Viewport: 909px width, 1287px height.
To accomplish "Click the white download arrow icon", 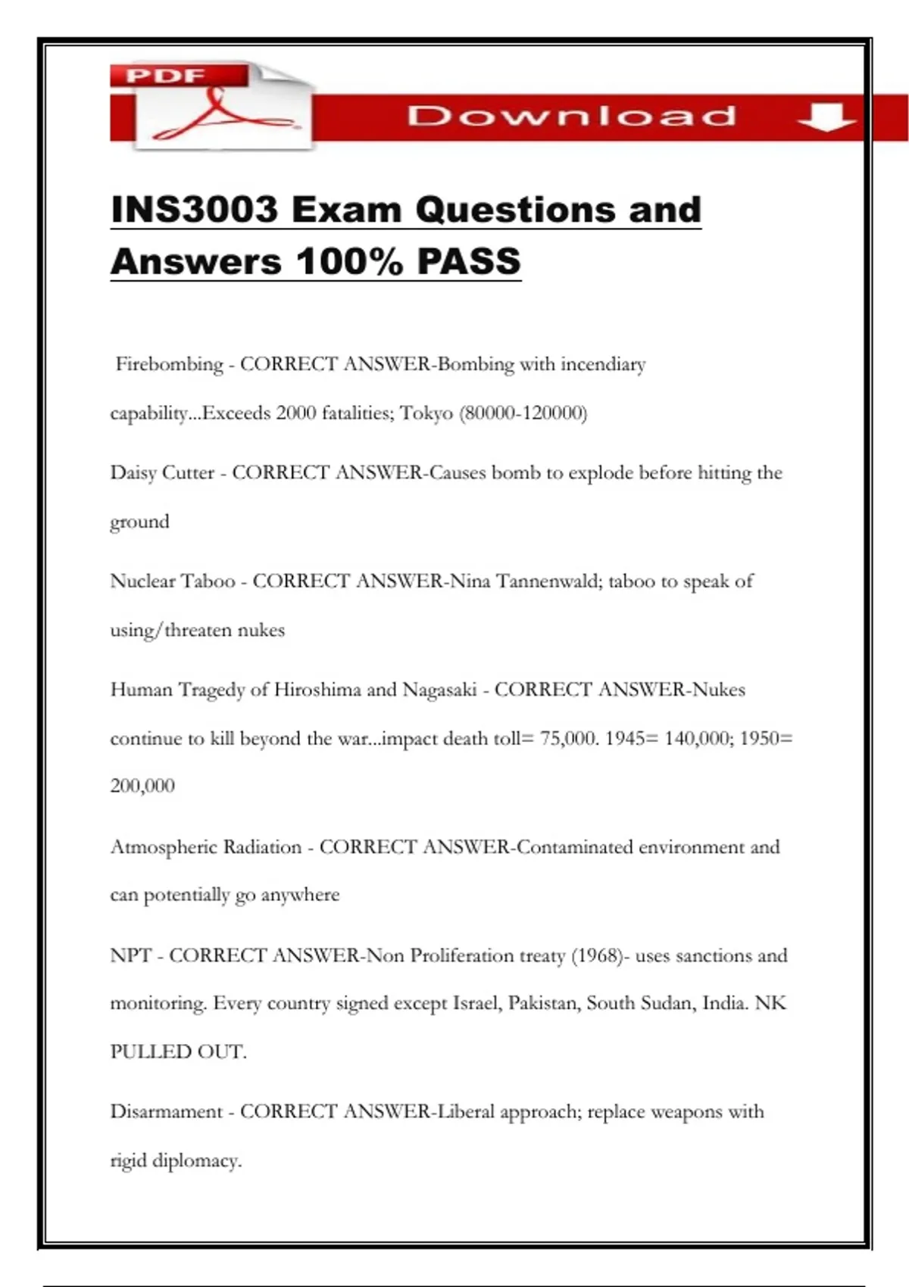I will tap(826, 117).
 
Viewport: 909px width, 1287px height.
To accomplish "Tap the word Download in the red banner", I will tap(571, 116).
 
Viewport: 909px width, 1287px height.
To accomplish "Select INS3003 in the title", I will tap(195, 210).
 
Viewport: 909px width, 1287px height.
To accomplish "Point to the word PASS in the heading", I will tap(469, 262).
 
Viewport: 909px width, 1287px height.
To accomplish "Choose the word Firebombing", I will tap(170, 365).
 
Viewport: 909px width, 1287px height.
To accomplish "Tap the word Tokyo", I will tap(426, 413).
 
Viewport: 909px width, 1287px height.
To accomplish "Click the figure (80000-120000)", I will tap(523, 413).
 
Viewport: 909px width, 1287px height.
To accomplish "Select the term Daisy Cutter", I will tap(162, 473).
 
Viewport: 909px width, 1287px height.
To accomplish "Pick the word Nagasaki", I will tap(439, 690).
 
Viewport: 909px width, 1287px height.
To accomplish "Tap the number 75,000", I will tap(569, 738).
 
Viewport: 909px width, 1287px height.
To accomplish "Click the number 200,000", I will tap(142, 786).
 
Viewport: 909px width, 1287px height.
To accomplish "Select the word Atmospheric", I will tap(158, 847).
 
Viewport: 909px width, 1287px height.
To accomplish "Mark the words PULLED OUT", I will tap(178, 1052).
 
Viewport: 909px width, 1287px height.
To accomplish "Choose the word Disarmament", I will tap(167, 1112).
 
